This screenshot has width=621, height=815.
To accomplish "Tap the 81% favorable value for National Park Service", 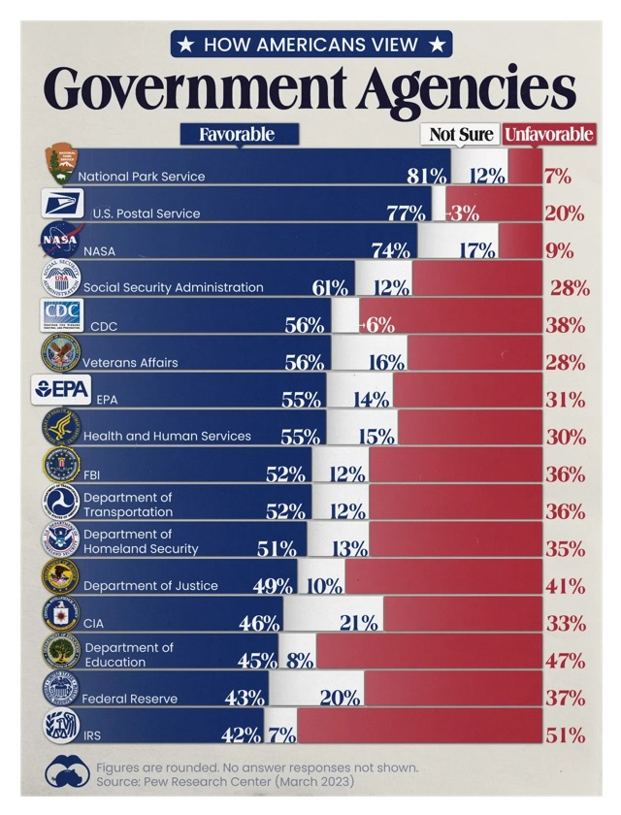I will click(427, 176).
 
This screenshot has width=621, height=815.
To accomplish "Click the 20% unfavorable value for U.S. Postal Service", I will click(564, 213).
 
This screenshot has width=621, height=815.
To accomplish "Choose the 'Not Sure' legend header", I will click(461, 135).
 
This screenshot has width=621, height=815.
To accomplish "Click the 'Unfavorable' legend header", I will click(549, 135).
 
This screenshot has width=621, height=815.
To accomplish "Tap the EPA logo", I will click(61, 390).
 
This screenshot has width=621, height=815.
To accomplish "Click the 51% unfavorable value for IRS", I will click(564, 734).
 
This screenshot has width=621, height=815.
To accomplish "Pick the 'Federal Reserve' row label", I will click(129, 698).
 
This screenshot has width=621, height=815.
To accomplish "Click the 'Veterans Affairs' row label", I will click(130, 362).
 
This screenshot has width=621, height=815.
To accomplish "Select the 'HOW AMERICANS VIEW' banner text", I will click(310, 44).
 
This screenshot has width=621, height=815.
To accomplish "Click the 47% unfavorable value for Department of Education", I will click(564, 661).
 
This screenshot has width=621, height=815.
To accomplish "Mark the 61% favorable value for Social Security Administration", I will click(330, 287).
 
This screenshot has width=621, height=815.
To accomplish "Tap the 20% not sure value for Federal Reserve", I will click(342, 698).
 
